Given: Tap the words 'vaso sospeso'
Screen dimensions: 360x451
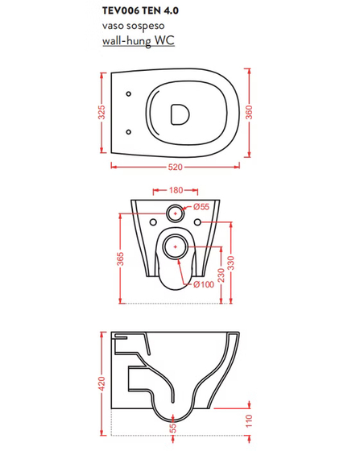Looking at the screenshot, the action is (x=134, y=26).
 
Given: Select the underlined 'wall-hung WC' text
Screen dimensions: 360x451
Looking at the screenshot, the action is (x=139, y=40).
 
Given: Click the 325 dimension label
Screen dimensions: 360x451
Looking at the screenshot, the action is (x=101, y=112).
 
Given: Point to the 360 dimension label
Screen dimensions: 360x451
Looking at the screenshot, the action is (x=249, y=112).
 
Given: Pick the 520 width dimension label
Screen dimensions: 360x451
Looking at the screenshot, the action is (x=175, y=168).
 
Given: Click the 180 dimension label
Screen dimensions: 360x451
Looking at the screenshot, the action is (x=176, y=190).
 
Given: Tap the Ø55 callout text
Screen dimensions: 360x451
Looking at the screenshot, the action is (x=201, y=206).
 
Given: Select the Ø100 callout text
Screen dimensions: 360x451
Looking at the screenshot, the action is (x=204, y=284).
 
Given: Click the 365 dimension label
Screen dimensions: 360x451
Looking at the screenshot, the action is (x=121, y=259).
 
